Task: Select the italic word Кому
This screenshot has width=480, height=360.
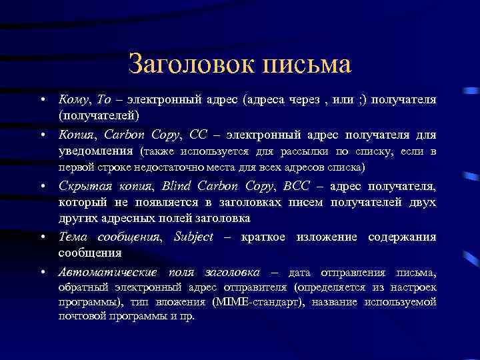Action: pyautogui.click(x=75, y=99)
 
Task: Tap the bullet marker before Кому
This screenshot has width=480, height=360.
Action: pyautogui.click(x=42, y=100)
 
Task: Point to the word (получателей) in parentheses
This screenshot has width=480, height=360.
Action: pyautogui.click(x=97, y=115)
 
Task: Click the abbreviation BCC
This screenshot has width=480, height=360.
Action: pyautogui.click(x=295, y=186)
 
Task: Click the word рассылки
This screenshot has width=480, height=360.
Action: pyautogui.click(x=317, y=151)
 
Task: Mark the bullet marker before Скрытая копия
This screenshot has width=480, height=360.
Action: pyautogui.click(x=42, y=186)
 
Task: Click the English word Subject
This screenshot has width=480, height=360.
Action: pyautogui.click(x=193, y=237)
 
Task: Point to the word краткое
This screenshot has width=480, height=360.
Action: pyautogui.click(x=257, y=237)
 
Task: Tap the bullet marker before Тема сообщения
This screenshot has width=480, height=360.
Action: pyautogui.click(x=42, y=237)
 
